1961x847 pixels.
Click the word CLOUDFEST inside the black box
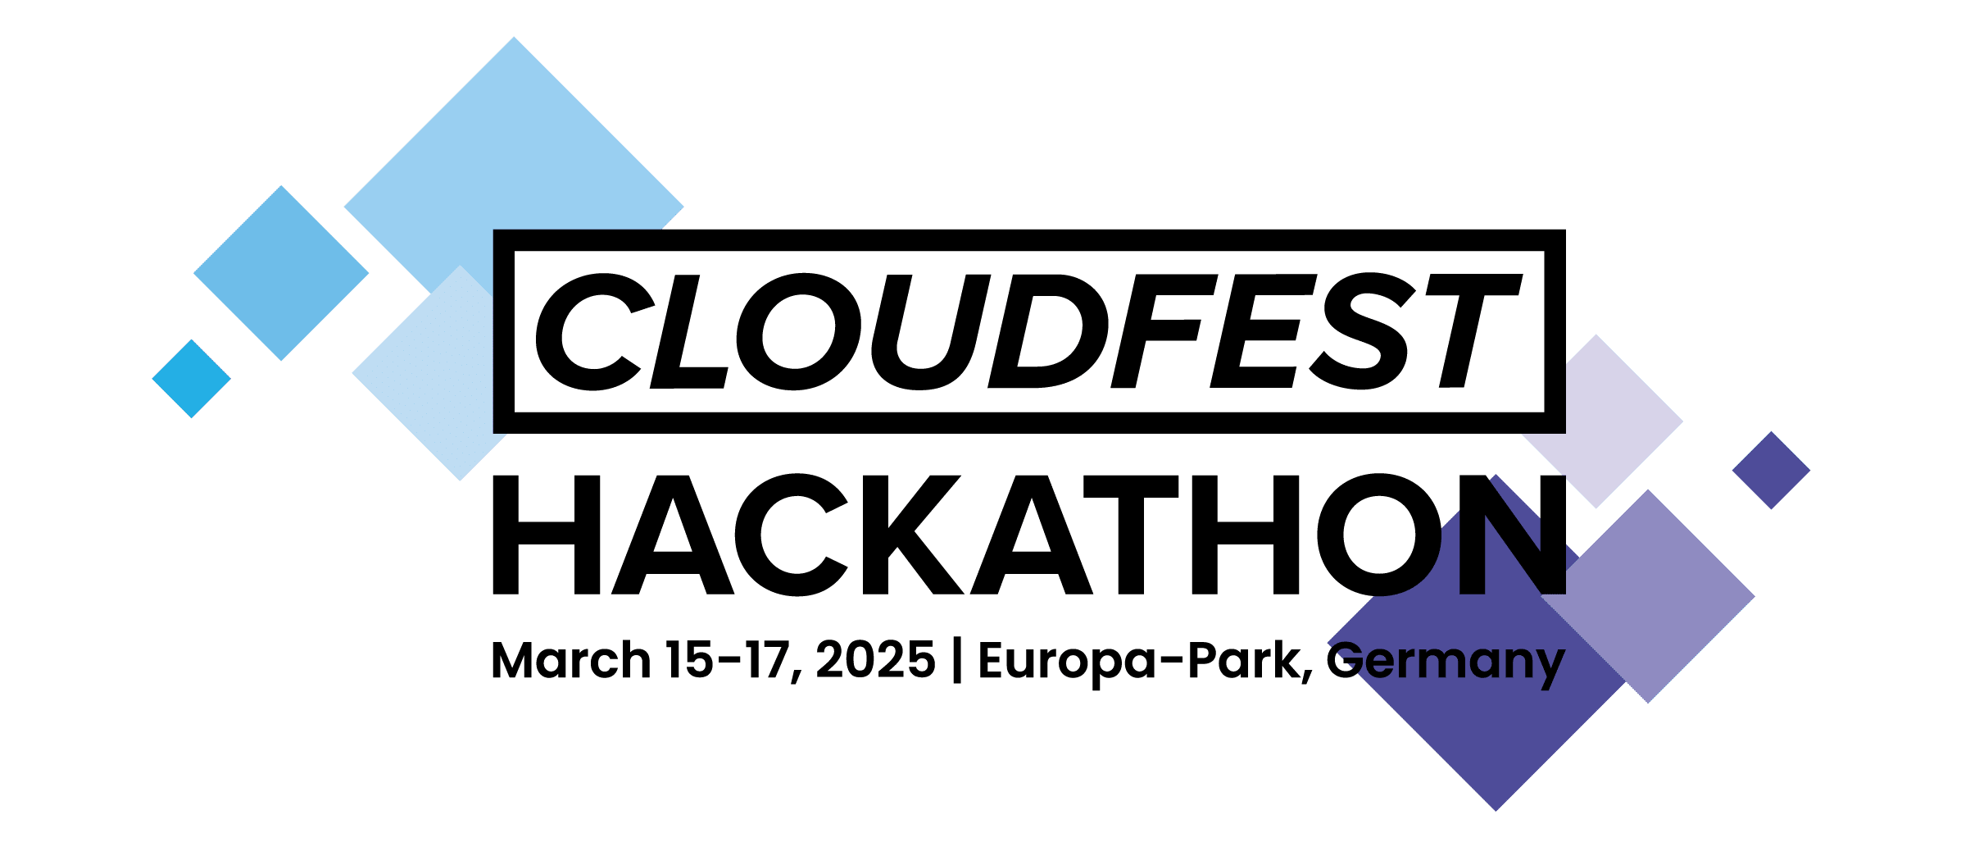coord(1028,331)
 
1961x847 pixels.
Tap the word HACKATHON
coord(1028,534)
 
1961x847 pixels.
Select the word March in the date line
coord(570,660)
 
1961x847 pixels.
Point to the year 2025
coord(875,660)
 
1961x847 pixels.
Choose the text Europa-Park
coord(1139,662)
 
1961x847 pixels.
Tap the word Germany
coord(1446,662)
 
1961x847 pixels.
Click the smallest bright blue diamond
coord(191,378)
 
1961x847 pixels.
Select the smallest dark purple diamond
coord(1772,470)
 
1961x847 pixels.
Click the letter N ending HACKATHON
coord(1500,534)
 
